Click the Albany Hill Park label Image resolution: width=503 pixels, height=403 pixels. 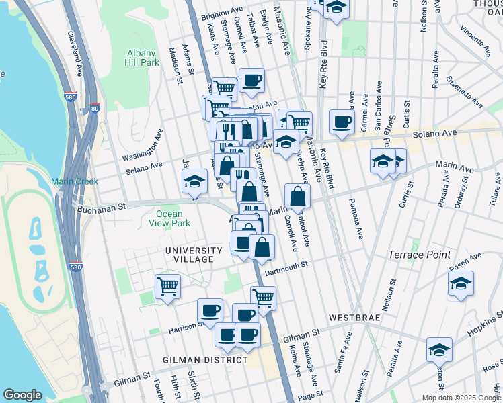[x=141, y=58]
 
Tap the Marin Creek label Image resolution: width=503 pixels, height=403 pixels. [x=74, y=181]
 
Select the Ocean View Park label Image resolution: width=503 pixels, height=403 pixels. [x=169, y=218]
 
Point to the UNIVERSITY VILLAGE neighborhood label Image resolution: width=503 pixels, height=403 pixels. [x=190, y=255]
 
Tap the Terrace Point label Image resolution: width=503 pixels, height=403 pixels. [x=416, y=255]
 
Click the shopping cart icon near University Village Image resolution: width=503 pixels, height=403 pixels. [x=167, y=285]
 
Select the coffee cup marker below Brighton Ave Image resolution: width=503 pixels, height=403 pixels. [x=251, y=81]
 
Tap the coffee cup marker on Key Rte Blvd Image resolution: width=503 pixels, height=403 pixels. [x=342, y=121]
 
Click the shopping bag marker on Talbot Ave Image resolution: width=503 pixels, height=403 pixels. [x=297, y=195]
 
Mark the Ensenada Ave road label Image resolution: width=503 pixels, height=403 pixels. [x=467, y=94]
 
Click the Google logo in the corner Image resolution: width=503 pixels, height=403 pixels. [x=22, y=394]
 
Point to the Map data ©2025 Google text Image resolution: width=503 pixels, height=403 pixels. [x=461, y=398]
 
